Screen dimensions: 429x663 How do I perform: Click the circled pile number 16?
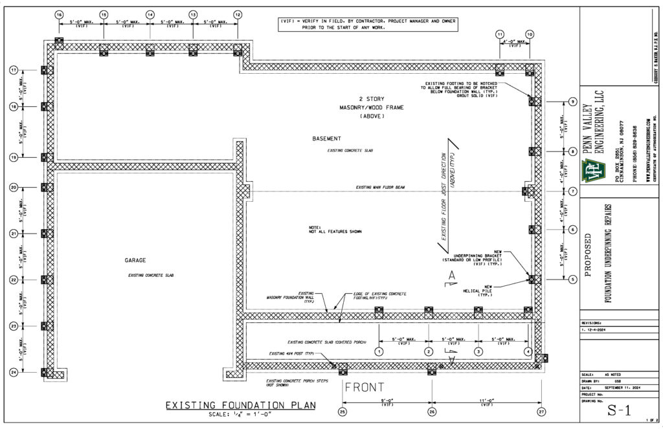point(60,14)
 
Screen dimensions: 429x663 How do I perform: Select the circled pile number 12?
point(238,14)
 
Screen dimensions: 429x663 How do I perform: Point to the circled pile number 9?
point(572,102)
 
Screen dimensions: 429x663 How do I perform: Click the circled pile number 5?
point(572,280)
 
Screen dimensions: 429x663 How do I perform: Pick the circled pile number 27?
point(541,411)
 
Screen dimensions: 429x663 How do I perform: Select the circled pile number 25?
point(343,411)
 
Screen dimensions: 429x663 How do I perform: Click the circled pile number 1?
point(379,351)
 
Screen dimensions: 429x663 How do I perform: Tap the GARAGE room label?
point(135,260)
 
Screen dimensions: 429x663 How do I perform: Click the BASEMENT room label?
point(326,138)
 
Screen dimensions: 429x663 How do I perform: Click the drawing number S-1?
point(619,411)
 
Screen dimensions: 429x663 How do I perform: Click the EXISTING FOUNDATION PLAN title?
point(240,406)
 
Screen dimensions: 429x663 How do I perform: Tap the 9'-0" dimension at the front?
point(387,402)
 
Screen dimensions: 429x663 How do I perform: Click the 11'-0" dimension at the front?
point(487,402)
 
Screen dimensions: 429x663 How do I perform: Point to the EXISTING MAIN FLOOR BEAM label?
point(380,188)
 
